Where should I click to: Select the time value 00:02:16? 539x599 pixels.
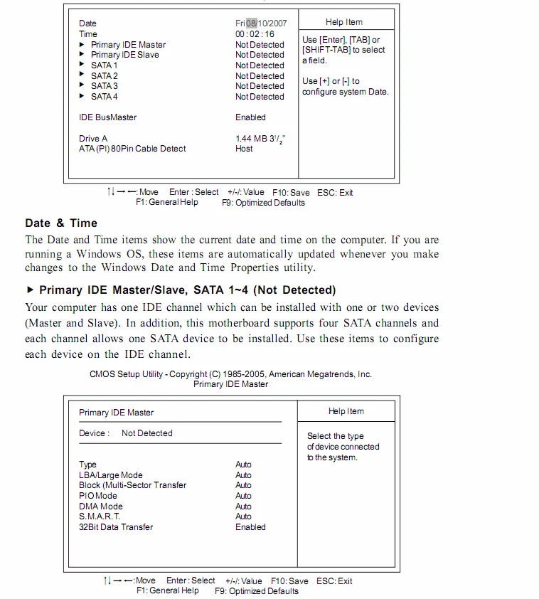[x=255, y=34]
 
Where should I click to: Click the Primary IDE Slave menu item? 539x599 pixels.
[x=124, y=55]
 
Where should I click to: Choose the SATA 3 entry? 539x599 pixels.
[x=104, y=86]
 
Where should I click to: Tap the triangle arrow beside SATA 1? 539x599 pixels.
[x=82, y=65]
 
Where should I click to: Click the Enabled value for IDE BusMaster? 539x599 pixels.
[x=250, y=117]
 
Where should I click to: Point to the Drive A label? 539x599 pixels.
[x=93, y=139]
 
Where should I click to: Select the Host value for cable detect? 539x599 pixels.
[x=244, y=149]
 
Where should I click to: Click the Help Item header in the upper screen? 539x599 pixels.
[x=344, y=22]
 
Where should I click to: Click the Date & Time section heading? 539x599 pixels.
[x=61, y=223]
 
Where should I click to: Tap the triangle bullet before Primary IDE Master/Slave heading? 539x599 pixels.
[x=30, y=290]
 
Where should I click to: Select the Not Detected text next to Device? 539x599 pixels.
[x=146, y=433]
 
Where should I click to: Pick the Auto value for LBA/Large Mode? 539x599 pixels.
[x=243, y=475]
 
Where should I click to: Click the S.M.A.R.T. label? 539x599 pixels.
[x=100, y=516]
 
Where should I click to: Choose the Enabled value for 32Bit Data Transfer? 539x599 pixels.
[x=250, y=527]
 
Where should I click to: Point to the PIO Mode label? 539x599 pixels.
[x=98, y=496]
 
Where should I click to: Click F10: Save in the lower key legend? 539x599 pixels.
[x=289, y=581]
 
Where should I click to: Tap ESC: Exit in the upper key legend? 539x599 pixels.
[x=335, y=193]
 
